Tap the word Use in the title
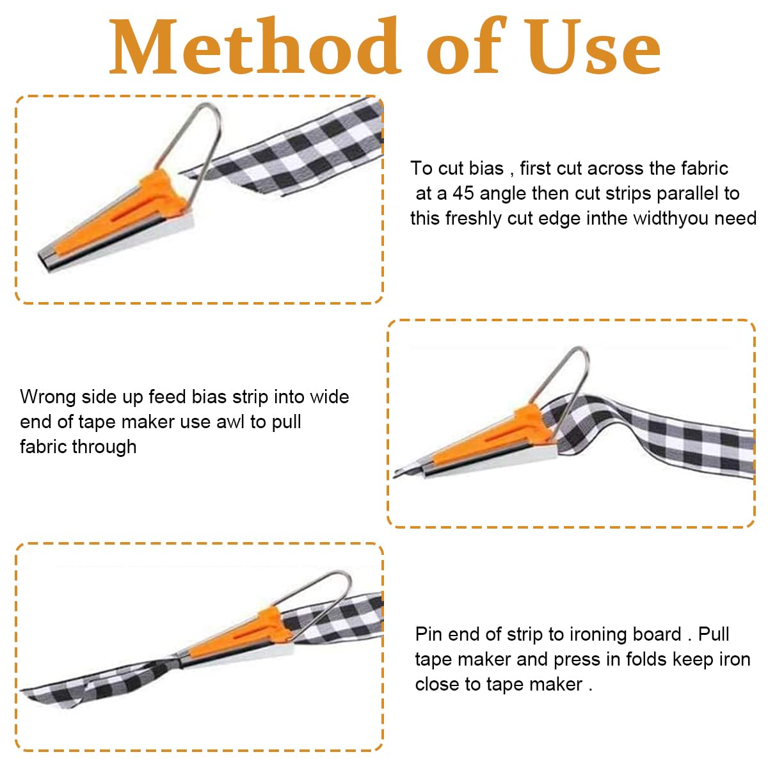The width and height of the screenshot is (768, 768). coord(594,46)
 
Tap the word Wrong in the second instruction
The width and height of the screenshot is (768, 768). coord(48,397)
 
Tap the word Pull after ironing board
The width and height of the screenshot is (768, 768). coord(714,634)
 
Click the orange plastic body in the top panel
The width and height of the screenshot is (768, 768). coord(120,214)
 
